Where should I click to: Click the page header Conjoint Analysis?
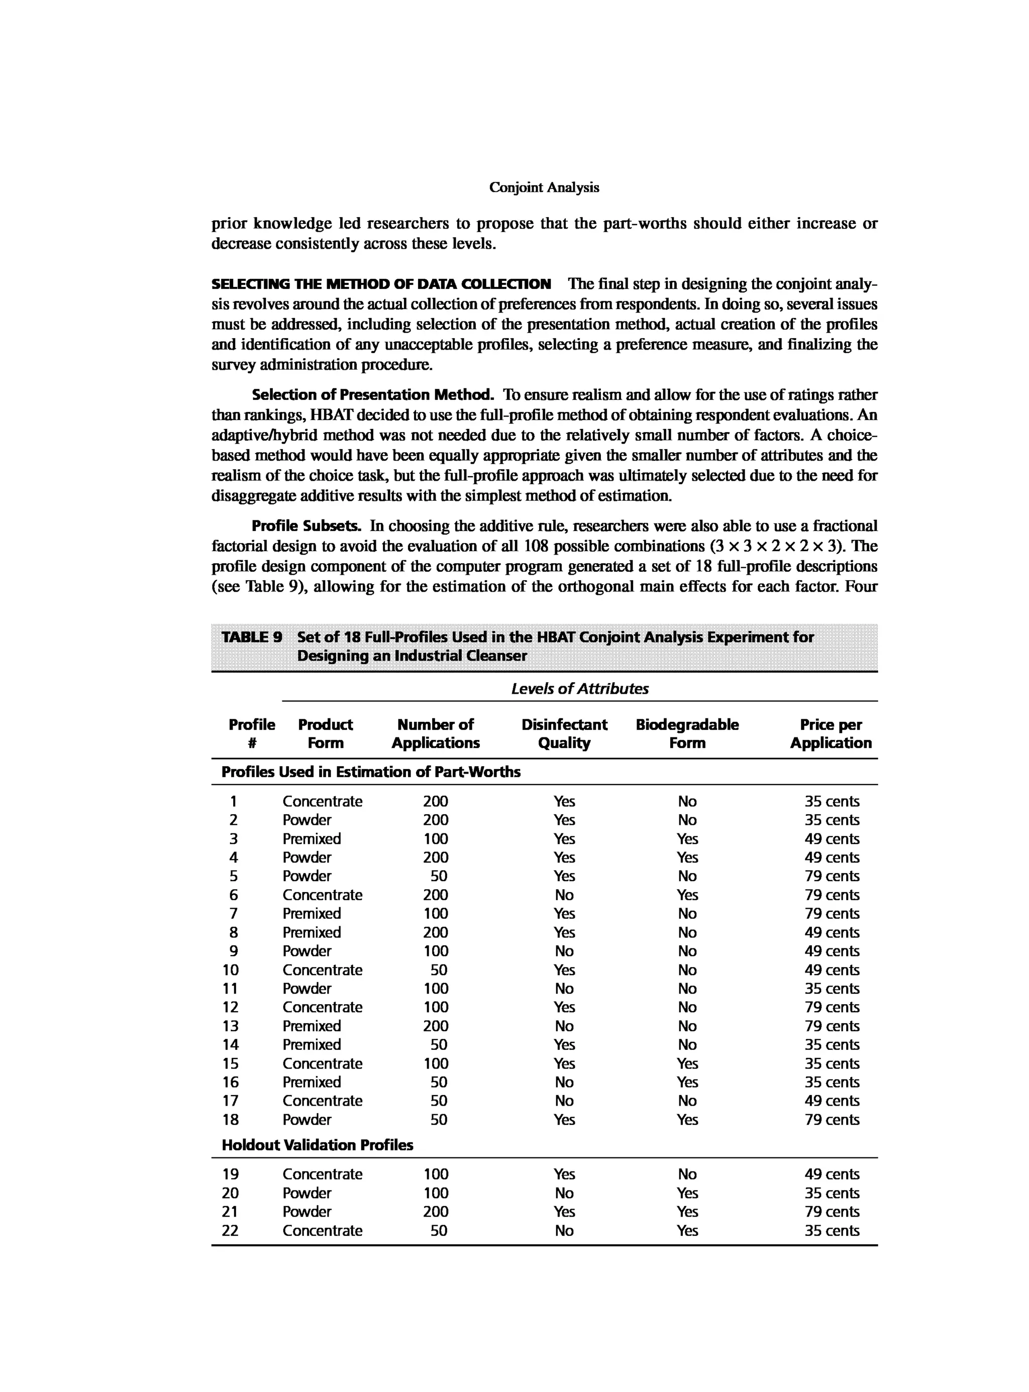click(x=544, y=187)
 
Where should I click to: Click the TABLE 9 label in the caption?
click(x=252, y=636)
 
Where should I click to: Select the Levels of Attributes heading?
click(x=579, y=688)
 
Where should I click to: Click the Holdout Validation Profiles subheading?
click(x=317, y=1145)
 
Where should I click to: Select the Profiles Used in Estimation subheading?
click(x=371, y=772)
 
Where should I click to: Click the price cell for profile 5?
click(x=832, y=876)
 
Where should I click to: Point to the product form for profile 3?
click(x=312, y=838)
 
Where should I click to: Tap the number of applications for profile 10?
click(x=439, y=970)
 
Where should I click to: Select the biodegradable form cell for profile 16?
click(x=687, y=1082)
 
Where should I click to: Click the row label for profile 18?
click(x=231, y=1119)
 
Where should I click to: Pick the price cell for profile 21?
click(x=832, y=1211)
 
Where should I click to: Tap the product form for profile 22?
click(x=322, y=1230)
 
